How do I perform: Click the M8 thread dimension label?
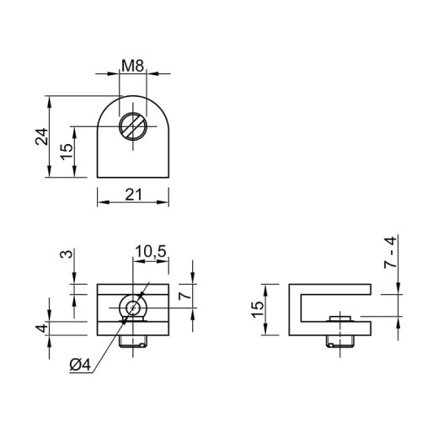tap(132, 67)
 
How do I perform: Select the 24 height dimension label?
tap(41, 136)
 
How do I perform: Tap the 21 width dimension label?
tap(134, 195)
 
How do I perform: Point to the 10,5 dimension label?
tap(151, 251)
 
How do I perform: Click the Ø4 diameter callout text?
tap(81, 365)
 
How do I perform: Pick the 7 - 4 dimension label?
tap(390, 253)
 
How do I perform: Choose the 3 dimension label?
tap(67, 254)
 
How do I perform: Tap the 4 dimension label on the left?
tap(42, 328)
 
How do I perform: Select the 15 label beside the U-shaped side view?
tap(258, 309)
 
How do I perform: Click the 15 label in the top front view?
tap(67, 152)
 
